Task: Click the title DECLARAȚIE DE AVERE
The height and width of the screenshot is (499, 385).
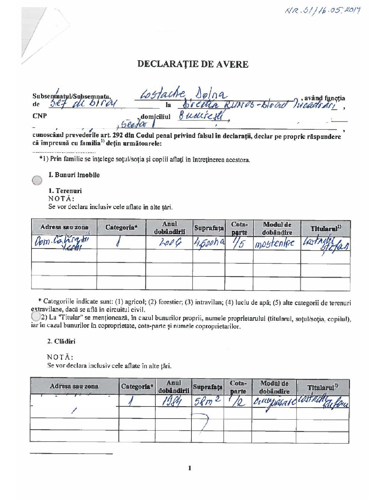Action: click(x=193, y=64)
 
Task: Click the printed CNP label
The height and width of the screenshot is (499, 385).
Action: click(x=40, y=116)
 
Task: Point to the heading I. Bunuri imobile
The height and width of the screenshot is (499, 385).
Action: click(x=74, y=175)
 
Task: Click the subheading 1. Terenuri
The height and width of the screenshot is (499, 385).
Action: click(x=65, y=191)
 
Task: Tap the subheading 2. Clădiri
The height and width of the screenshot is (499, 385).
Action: click(x=61, y=341)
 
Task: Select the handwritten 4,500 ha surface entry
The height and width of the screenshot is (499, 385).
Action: click(x=209, y=243)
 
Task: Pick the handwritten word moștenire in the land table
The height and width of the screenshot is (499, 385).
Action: click(x=275, y=244)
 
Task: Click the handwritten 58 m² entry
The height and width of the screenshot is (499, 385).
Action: click(x=207, y=401)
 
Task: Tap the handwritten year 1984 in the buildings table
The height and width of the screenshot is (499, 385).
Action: click(x=171, y=402)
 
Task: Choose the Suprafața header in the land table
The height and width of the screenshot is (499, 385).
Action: click(x=209, y=228)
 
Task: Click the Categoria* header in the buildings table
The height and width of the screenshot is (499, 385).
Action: click(x=137, y=386)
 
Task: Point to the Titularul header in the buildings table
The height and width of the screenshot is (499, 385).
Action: click(x=322, y=387)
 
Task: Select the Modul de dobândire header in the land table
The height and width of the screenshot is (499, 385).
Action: click(x=277, y=229)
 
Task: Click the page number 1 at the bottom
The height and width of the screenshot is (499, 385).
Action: click(x=190, y=468)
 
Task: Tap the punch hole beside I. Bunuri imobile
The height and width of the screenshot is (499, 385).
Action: click(x=37, y=180)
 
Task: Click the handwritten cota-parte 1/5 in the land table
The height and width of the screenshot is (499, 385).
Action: click(x=239, y=243)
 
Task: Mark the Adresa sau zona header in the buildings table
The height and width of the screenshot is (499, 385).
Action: click(x=74, y=386)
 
